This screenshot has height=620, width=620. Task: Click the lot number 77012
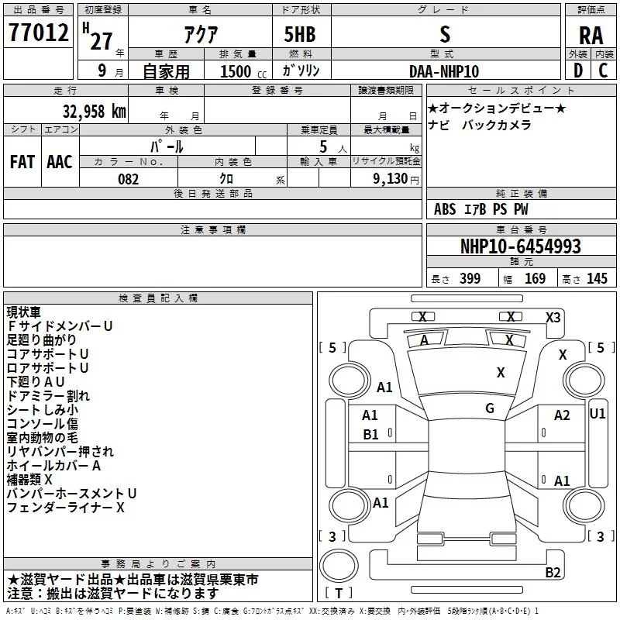pyautogui.click(x=37, y=33)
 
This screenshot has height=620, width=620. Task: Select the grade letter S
pyautogui.click(x=444, y=34)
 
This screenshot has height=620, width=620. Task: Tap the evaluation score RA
pyautogui.click(x=591, y=35)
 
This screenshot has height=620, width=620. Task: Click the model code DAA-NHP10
pyautogui.click(x=444, y=71)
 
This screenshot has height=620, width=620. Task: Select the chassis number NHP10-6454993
pyautogui.click(x=521, y=246)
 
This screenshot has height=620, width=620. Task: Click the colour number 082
pyautogui.click(x=129, y=179)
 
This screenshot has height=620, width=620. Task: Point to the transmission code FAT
pyautogui.click(x=22, y=161)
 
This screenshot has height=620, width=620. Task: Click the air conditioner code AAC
pyautogui.click(x=60, y=161)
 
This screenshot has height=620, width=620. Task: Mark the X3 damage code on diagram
pyautogui.click(x=553, y=317)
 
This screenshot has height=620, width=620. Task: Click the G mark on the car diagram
pyautogui.click(x=490, y=408)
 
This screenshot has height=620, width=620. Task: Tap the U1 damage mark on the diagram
pyautogui.click(x=598, y=414)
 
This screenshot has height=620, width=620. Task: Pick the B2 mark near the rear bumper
pyautogui.click(x=553, y=573)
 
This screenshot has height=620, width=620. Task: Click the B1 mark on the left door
pyautogui.click(x=371, y=435)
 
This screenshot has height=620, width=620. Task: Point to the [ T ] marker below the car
pyautogui.click(x=339, y=594)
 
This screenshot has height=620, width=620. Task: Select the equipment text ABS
pyautogui.click(x=445, y=209)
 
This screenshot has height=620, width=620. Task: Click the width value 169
pyautogui.click(x=535, y=279)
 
